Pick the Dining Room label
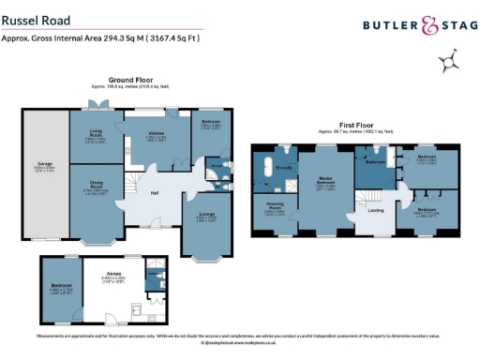tap(96, 184)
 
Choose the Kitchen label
tap(156, 134)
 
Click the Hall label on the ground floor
tap(154, 193)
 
